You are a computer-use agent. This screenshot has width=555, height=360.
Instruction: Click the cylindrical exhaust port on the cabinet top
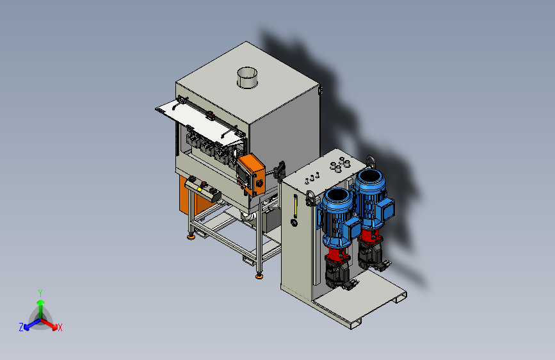(247, 78)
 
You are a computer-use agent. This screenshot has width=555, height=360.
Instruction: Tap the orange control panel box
(251, 175)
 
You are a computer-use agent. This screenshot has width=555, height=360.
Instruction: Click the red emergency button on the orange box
(259, 183)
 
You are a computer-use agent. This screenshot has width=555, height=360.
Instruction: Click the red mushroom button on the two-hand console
(204, 184)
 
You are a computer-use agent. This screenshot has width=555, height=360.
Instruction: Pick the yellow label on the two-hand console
(200, 190)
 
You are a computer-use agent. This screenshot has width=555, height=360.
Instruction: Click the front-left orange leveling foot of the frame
(191, 236)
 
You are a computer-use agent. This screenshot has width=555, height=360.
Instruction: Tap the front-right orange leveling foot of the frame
(259, 275)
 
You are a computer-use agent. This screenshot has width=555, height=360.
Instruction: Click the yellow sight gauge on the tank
(296, 206)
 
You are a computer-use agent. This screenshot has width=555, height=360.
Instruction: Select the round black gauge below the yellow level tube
(294, 222)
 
